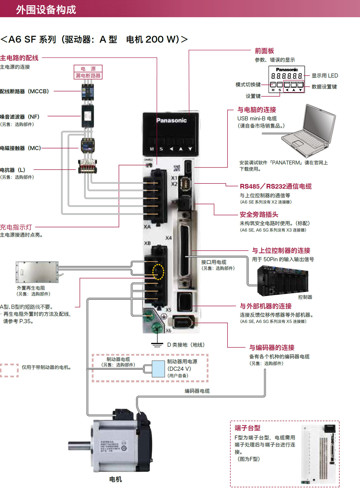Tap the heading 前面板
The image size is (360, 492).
coord(264,51)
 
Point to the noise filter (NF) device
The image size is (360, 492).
coord(88,116)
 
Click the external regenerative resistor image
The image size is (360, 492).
coord(37,272)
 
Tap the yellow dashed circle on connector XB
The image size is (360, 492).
coord(158,272)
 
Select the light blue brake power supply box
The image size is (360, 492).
coord(158,369)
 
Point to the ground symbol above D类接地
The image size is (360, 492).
coord(157,345)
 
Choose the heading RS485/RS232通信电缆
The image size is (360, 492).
coord(275,186)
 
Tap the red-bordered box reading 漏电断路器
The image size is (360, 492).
coord(88,76)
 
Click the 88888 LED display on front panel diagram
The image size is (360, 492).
coord(286,76)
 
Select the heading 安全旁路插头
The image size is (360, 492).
coord(259,214)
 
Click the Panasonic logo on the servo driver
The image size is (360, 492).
coord(171,120)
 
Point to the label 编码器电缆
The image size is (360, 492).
coord(197,391)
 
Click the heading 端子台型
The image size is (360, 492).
coord(247,428)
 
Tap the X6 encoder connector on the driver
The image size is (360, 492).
coord(183,322)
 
